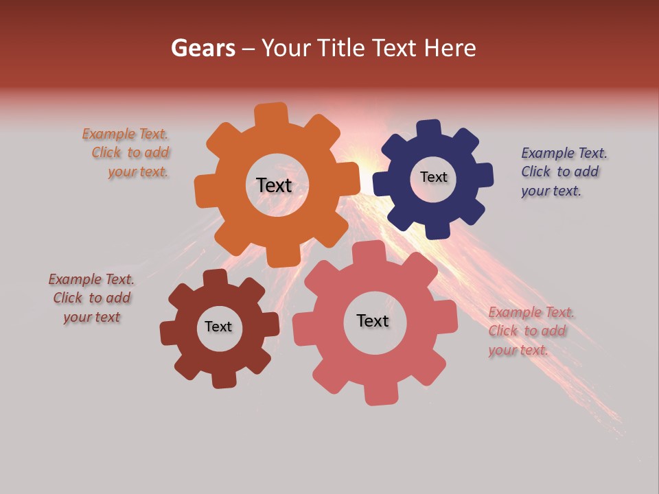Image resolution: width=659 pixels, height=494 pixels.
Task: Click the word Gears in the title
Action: pyautogui.click(x=203, y=48)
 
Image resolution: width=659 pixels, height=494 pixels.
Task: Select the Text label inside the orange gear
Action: pyautogui.click(x=274, y=185)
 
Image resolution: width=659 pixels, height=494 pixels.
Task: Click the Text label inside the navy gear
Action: pyautogui.click(x=433, y=177)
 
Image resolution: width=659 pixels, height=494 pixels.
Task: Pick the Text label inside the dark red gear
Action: pyautogui.click(x=218, y=327)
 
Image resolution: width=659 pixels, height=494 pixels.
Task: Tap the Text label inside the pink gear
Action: pyautogui.click(x=373, y=320)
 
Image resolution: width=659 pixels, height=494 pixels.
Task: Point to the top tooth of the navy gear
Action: pyautogui.click(x=428, y=129)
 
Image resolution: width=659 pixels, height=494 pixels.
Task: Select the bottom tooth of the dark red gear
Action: pyautogui.click(x=224, y=379)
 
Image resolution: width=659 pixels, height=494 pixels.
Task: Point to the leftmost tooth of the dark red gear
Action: pyautogui.click(x=169, y=333)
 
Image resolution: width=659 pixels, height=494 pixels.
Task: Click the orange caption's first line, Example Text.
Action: pyautogui.click(x=125, y=134)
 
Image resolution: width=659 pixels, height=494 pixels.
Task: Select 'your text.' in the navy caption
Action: pyautogui.click(x=551, y=191)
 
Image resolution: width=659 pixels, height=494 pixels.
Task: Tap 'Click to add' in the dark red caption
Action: pyautogui.click(x=92, y=298)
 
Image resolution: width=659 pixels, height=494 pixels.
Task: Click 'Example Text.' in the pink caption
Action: pyautogui.click(x=531, y=313)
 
